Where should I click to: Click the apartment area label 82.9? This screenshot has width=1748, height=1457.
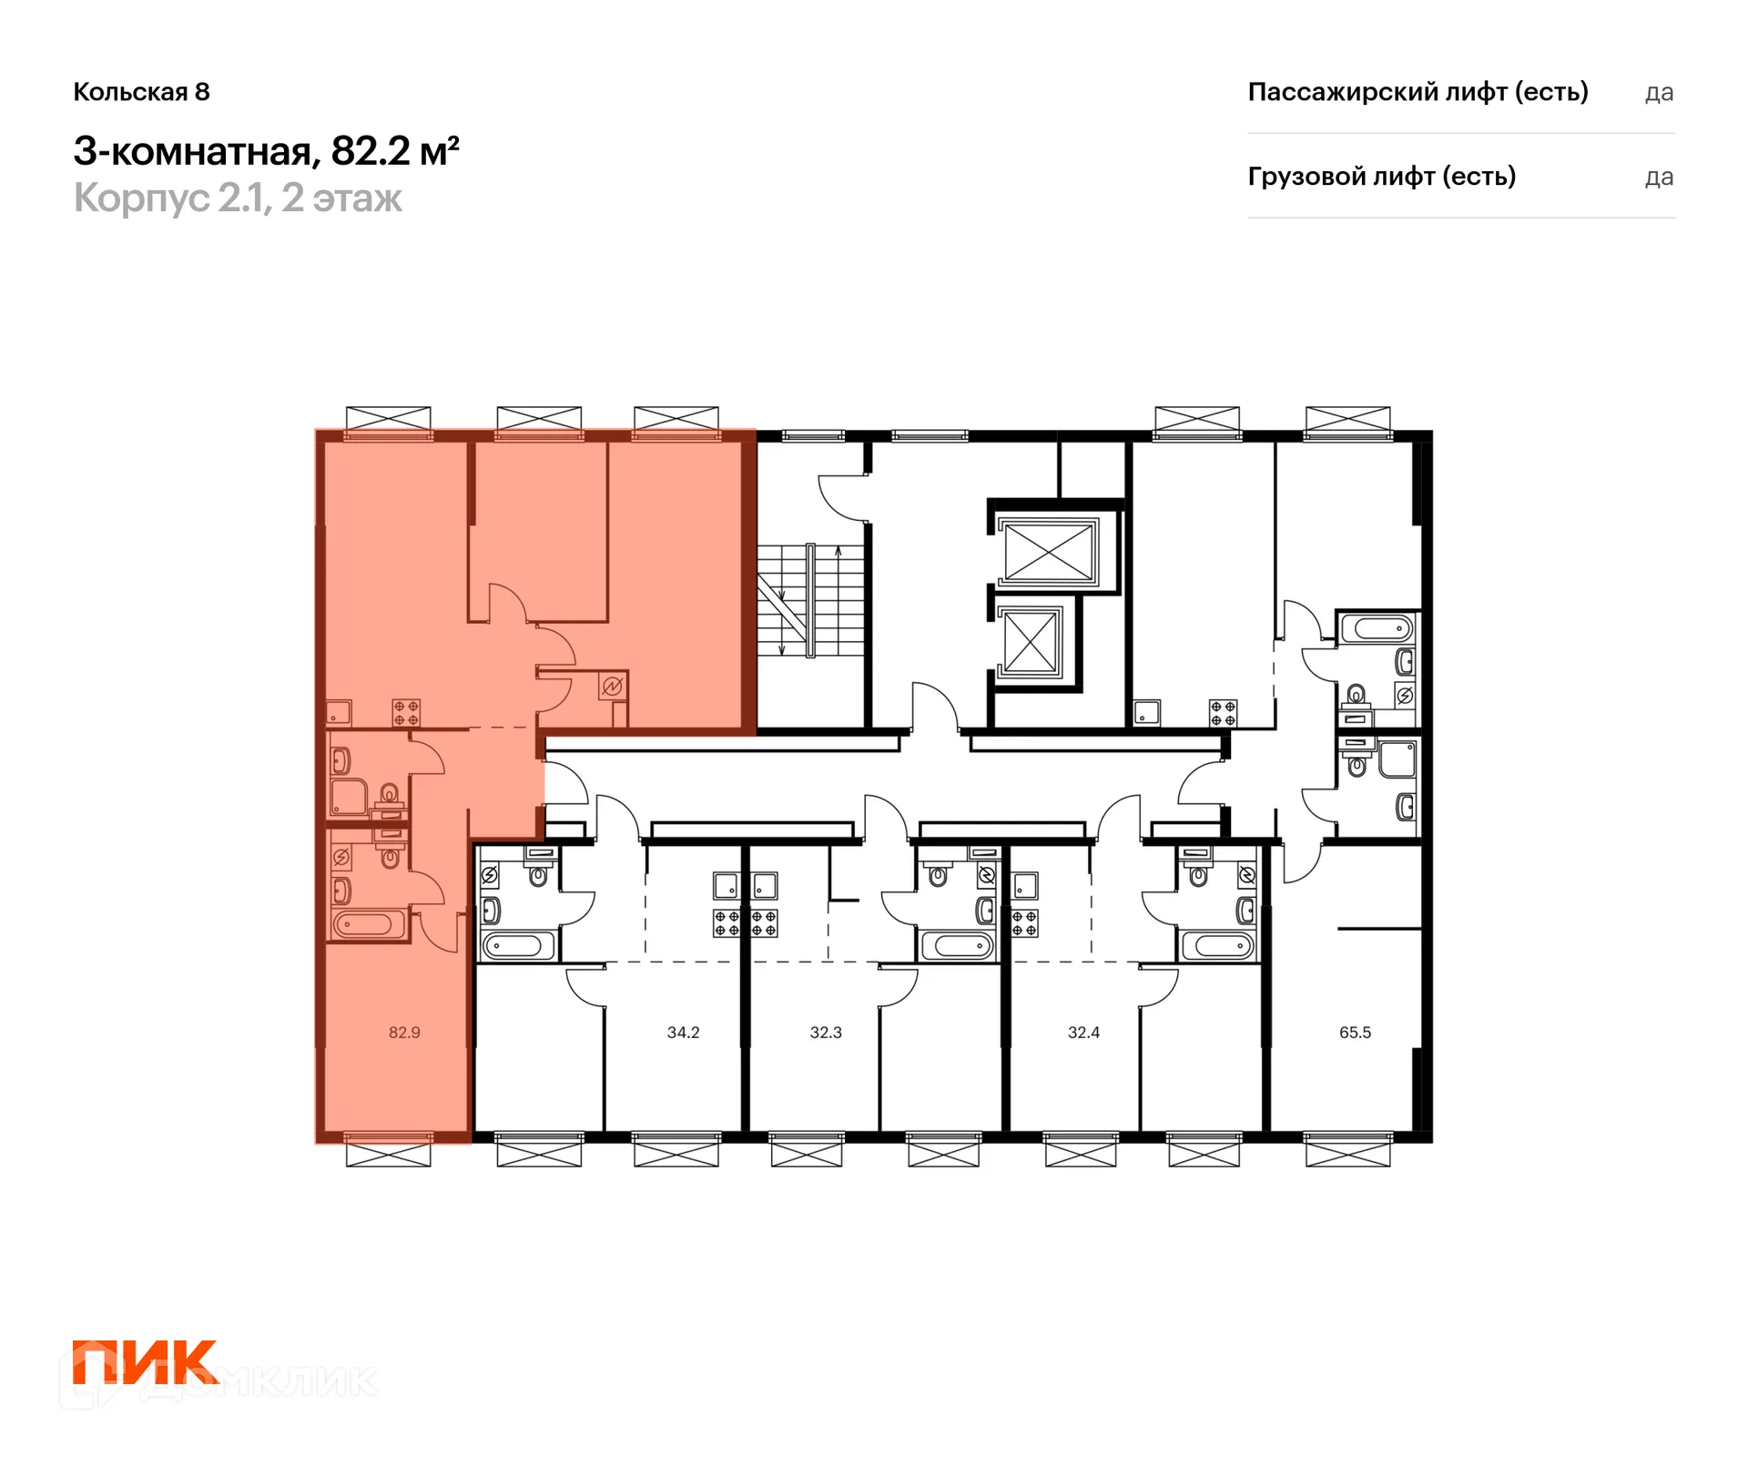click(x=404, y=1033)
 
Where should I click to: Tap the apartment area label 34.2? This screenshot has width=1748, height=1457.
click(x=683, y=1033)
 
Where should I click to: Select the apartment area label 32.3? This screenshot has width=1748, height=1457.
click(x=826, y=1033)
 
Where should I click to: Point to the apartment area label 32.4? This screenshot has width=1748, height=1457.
click(x=1083, y=1033)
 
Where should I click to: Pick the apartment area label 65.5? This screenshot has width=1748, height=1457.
click(x=1355, y=1033)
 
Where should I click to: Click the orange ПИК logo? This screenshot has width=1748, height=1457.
click(x=145, y=1362)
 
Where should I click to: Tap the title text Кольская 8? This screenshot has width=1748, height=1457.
click(x=141, y=92)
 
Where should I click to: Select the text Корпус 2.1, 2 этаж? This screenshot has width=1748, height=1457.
click(x=238, y=199)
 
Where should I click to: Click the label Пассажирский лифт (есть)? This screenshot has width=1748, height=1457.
click(x=1418, y=92)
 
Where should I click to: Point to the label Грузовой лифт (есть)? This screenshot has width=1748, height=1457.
click(x=1381, y=177)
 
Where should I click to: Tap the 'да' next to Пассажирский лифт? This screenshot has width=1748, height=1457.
click(x=1659, y=94)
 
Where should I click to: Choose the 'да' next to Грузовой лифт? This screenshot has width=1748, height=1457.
click(x=1659, y=178)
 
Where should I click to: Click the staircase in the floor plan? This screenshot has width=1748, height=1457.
click(x=810, y=600)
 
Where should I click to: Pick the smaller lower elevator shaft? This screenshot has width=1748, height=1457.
click(x=1030, y=642)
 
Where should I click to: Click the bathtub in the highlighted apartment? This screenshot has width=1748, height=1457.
click(x=369, y=924)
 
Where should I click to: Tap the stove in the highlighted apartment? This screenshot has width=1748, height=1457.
click(x=406, y=712)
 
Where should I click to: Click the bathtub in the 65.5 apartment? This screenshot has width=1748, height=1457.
click(x=1377, y=628)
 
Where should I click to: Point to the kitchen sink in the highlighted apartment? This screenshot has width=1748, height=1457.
click(x=339, y=712)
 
